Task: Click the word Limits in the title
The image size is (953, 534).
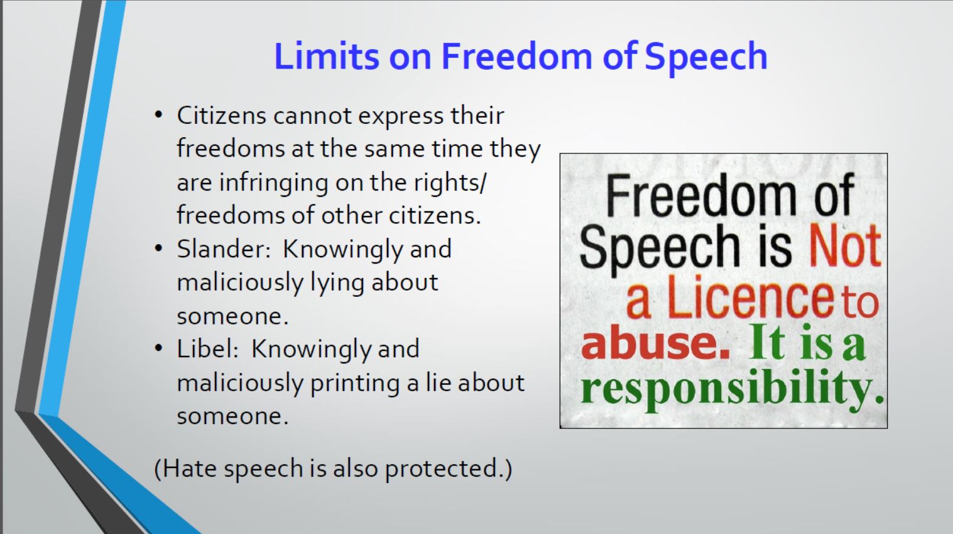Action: point(326,56)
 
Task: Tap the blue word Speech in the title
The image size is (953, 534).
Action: point(706,59)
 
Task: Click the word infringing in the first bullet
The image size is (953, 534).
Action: point(274,184)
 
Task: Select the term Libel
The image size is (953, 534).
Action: point(205,348)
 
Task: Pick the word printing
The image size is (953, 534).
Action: point(355,384)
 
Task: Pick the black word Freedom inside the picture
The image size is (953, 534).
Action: point(700,196)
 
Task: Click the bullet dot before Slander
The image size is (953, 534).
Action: point(159,248)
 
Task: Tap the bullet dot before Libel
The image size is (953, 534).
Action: point(159,348)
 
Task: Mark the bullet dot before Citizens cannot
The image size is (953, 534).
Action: point(159,114)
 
